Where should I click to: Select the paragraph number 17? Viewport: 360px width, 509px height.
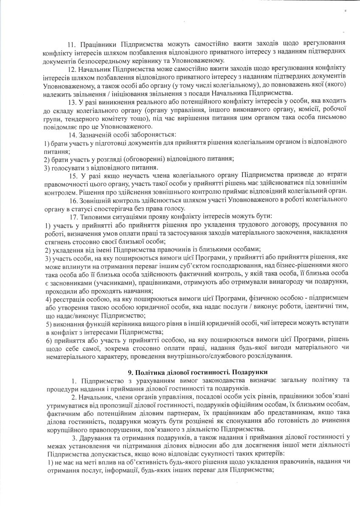point(71,217)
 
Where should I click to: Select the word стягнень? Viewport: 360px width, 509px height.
point(57,241)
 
